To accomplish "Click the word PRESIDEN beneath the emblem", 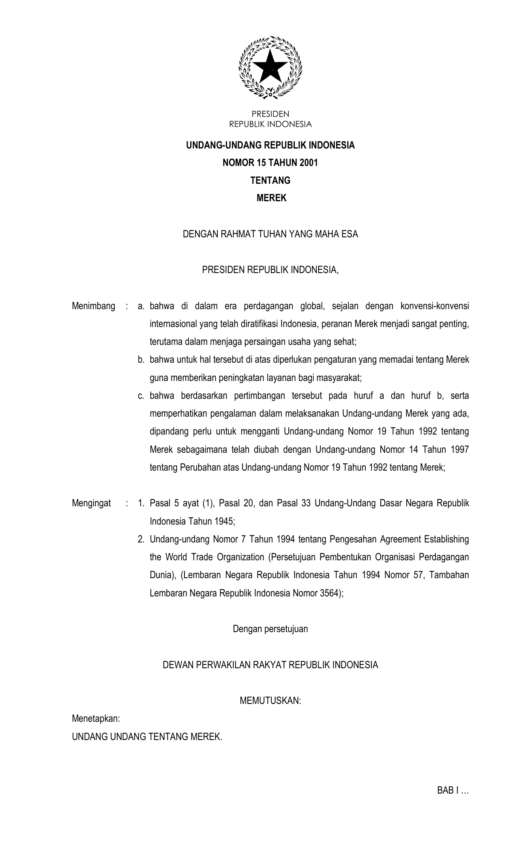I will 270,114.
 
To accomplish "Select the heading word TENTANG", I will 270,181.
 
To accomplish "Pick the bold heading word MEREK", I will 272,198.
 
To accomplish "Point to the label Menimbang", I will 93,306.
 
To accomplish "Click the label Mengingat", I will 91,503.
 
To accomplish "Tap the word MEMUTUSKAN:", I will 270,701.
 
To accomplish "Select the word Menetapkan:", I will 96,719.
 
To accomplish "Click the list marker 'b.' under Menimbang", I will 141,360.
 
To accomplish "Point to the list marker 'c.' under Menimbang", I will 141,396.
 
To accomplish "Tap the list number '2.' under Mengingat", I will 141,539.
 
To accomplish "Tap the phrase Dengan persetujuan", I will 270,629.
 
